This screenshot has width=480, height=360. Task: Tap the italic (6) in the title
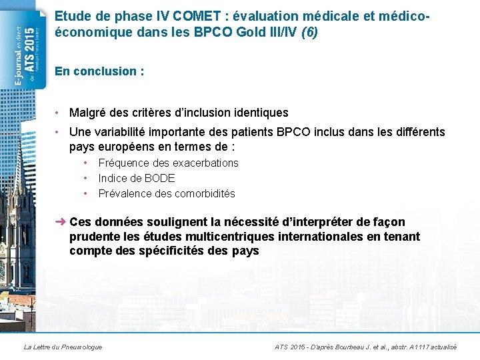(309, 31)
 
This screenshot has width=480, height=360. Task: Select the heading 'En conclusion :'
(99, 71)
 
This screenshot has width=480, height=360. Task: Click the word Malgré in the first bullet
(88, 113)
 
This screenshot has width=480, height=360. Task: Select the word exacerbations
(205, 163)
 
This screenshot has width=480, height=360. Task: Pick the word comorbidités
(205, 193)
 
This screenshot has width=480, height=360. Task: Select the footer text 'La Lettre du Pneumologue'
(63, 347)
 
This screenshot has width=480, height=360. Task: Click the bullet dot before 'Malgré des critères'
(59, 113)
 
